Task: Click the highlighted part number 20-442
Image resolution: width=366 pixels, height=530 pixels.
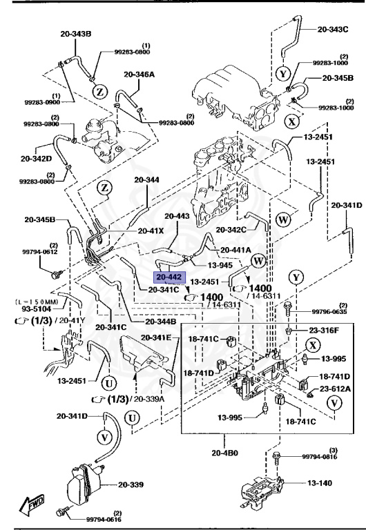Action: click(169, 277)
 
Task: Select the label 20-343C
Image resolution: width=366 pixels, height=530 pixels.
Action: click(333, 30)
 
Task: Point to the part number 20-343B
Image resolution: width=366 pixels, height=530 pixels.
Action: click(75, 33)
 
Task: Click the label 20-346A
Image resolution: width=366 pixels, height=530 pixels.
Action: click(139, 74)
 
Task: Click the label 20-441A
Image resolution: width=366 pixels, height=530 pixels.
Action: click(235, 250)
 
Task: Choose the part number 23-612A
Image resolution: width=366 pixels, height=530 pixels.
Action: click(334, 390)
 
